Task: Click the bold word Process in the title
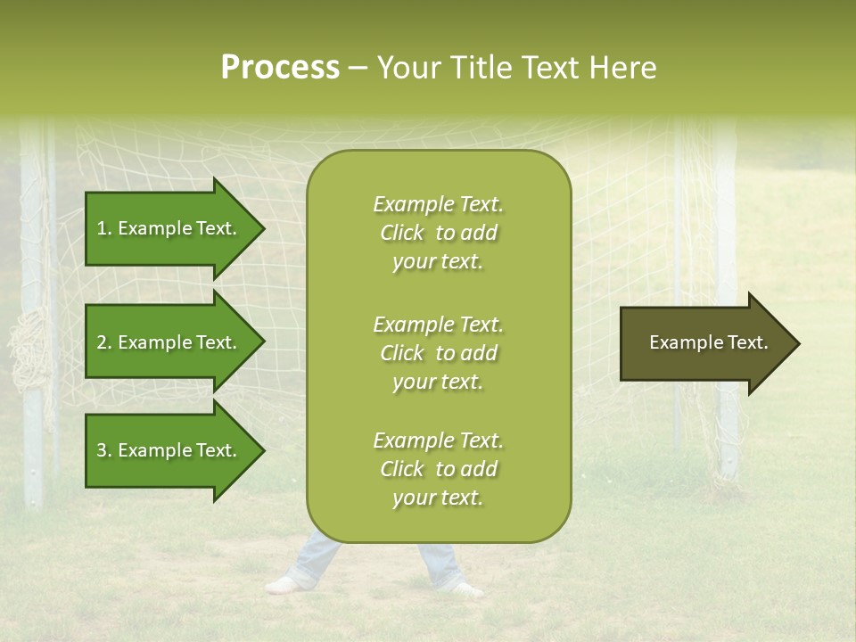[x=280, y=67]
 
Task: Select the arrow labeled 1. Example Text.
[x=169, y=228]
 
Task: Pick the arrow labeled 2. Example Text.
[x=169, y=342]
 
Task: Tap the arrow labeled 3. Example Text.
[x=169, y=450]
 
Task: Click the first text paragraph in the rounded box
[x=438, y=233]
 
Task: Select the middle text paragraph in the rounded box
[x=438, y=353]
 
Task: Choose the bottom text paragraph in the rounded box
[x=438, y=469]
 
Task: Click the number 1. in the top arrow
[x=104, y=228]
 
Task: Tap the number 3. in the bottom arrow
[x=104, y=450]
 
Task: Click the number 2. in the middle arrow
[x=104, y=342]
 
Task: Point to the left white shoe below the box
[x=284, y=585]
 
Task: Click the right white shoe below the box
[x=465, y=588]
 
